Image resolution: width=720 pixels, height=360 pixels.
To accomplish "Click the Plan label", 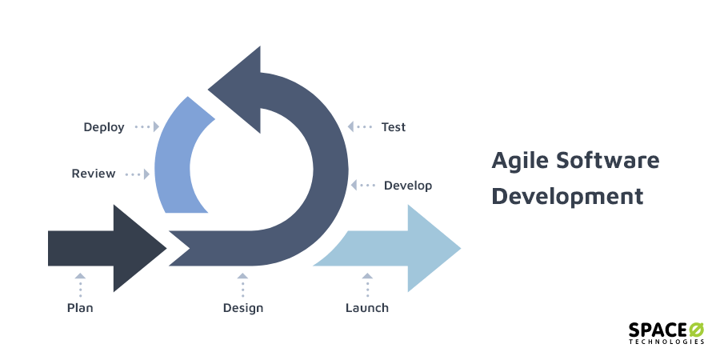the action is (80, 308).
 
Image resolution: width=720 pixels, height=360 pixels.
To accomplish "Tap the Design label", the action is (243, 308).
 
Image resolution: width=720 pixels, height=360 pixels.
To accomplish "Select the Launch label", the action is (367, 308).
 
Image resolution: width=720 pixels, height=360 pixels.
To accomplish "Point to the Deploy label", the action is (104, 127).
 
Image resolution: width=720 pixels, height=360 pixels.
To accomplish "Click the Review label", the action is (94, 174).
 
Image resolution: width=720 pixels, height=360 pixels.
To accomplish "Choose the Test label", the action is (394, 126).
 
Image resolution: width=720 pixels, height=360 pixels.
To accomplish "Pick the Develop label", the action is (408, 186).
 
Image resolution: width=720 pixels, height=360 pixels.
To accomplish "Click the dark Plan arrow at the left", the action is (107, 249).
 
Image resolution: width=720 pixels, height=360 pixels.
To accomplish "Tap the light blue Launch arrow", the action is (395, 249).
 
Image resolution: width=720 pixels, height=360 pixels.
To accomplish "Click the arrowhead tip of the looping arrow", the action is (209, 89).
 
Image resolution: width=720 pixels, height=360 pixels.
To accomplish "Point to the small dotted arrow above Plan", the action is (80, 286).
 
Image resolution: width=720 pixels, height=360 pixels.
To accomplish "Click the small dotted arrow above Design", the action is (243, 286).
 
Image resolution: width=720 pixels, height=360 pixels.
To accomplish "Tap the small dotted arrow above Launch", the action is (367, 286).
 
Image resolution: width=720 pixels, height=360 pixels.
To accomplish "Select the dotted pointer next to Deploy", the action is (147, 126).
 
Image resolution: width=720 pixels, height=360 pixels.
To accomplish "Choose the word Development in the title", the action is (567, 196).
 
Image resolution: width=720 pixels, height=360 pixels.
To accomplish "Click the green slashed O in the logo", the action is (696, 330).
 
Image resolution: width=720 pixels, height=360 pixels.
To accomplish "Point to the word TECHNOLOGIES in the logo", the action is (666, 342).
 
